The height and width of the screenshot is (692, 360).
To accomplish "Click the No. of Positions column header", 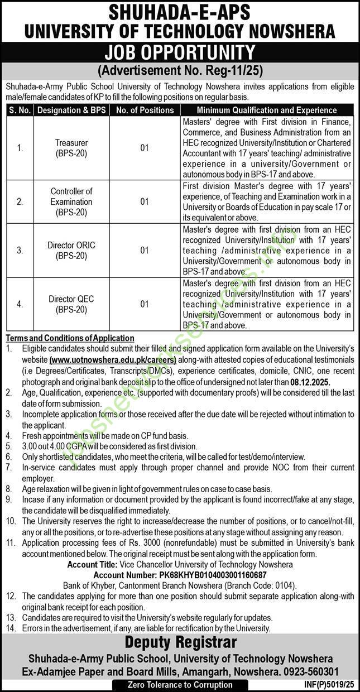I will pos(145,110).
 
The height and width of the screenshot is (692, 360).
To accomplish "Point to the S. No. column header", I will pos(20,110).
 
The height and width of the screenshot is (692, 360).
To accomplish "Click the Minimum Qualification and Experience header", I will pos(267,110).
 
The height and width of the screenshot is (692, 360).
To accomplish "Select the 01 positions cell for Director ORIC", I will pos(145,251).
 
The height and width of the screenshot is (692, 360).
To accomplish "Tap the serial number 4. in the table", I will pos(20,304).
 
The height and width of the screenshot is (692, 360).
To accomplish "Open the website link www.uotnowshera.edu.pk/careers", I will pos(113,361).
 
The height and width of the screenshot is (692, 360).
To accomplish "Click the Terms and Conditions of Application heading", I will pos(70,338).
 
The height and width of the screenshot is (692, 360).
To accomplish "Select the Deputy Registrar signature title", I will pos(180,642).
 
